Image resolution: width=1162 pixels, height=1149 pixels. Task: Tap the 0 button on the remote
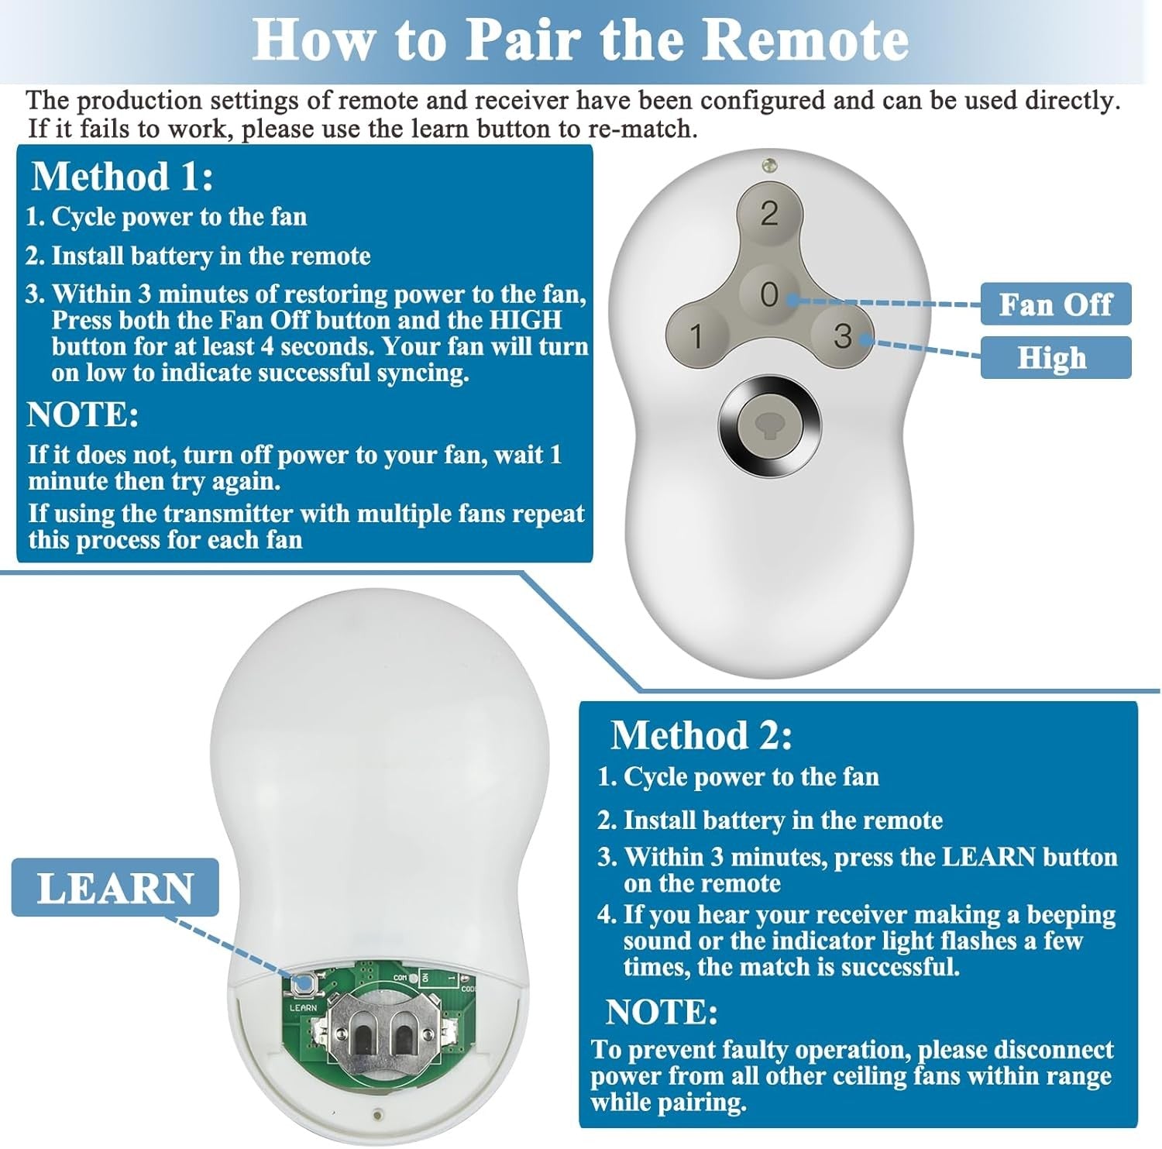[x=769, y=294]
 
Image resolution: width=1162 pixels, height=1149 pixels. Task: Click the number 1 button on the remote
[x=696, y=336]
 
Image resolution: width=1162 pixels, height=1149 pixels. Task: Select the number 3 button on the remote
[x=843, y=336]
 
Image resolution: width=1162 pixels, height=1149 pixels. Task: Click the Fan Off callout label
[x=1055, y=304]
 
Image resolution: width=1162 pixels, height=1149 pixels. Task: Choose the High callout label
[x=1055, y=358]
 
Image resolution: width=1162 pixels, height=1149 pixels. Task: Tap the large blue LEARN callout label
[x=115, y=888]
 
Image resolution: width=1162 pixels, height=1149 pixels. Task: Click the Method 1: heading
[x=122, y=177]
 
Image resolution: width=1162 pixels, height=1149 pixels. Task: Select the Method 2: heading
[x=702, y=734]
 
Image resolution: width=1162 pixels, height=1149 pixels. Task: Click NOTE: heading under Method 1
[x=83, y=415]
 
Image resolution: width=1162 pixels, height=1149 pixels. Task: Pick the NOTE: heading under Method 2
[x=662, y=1013]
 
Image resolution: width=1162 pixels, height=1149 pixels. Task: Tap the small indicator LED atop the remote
[x=768, y=164]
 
